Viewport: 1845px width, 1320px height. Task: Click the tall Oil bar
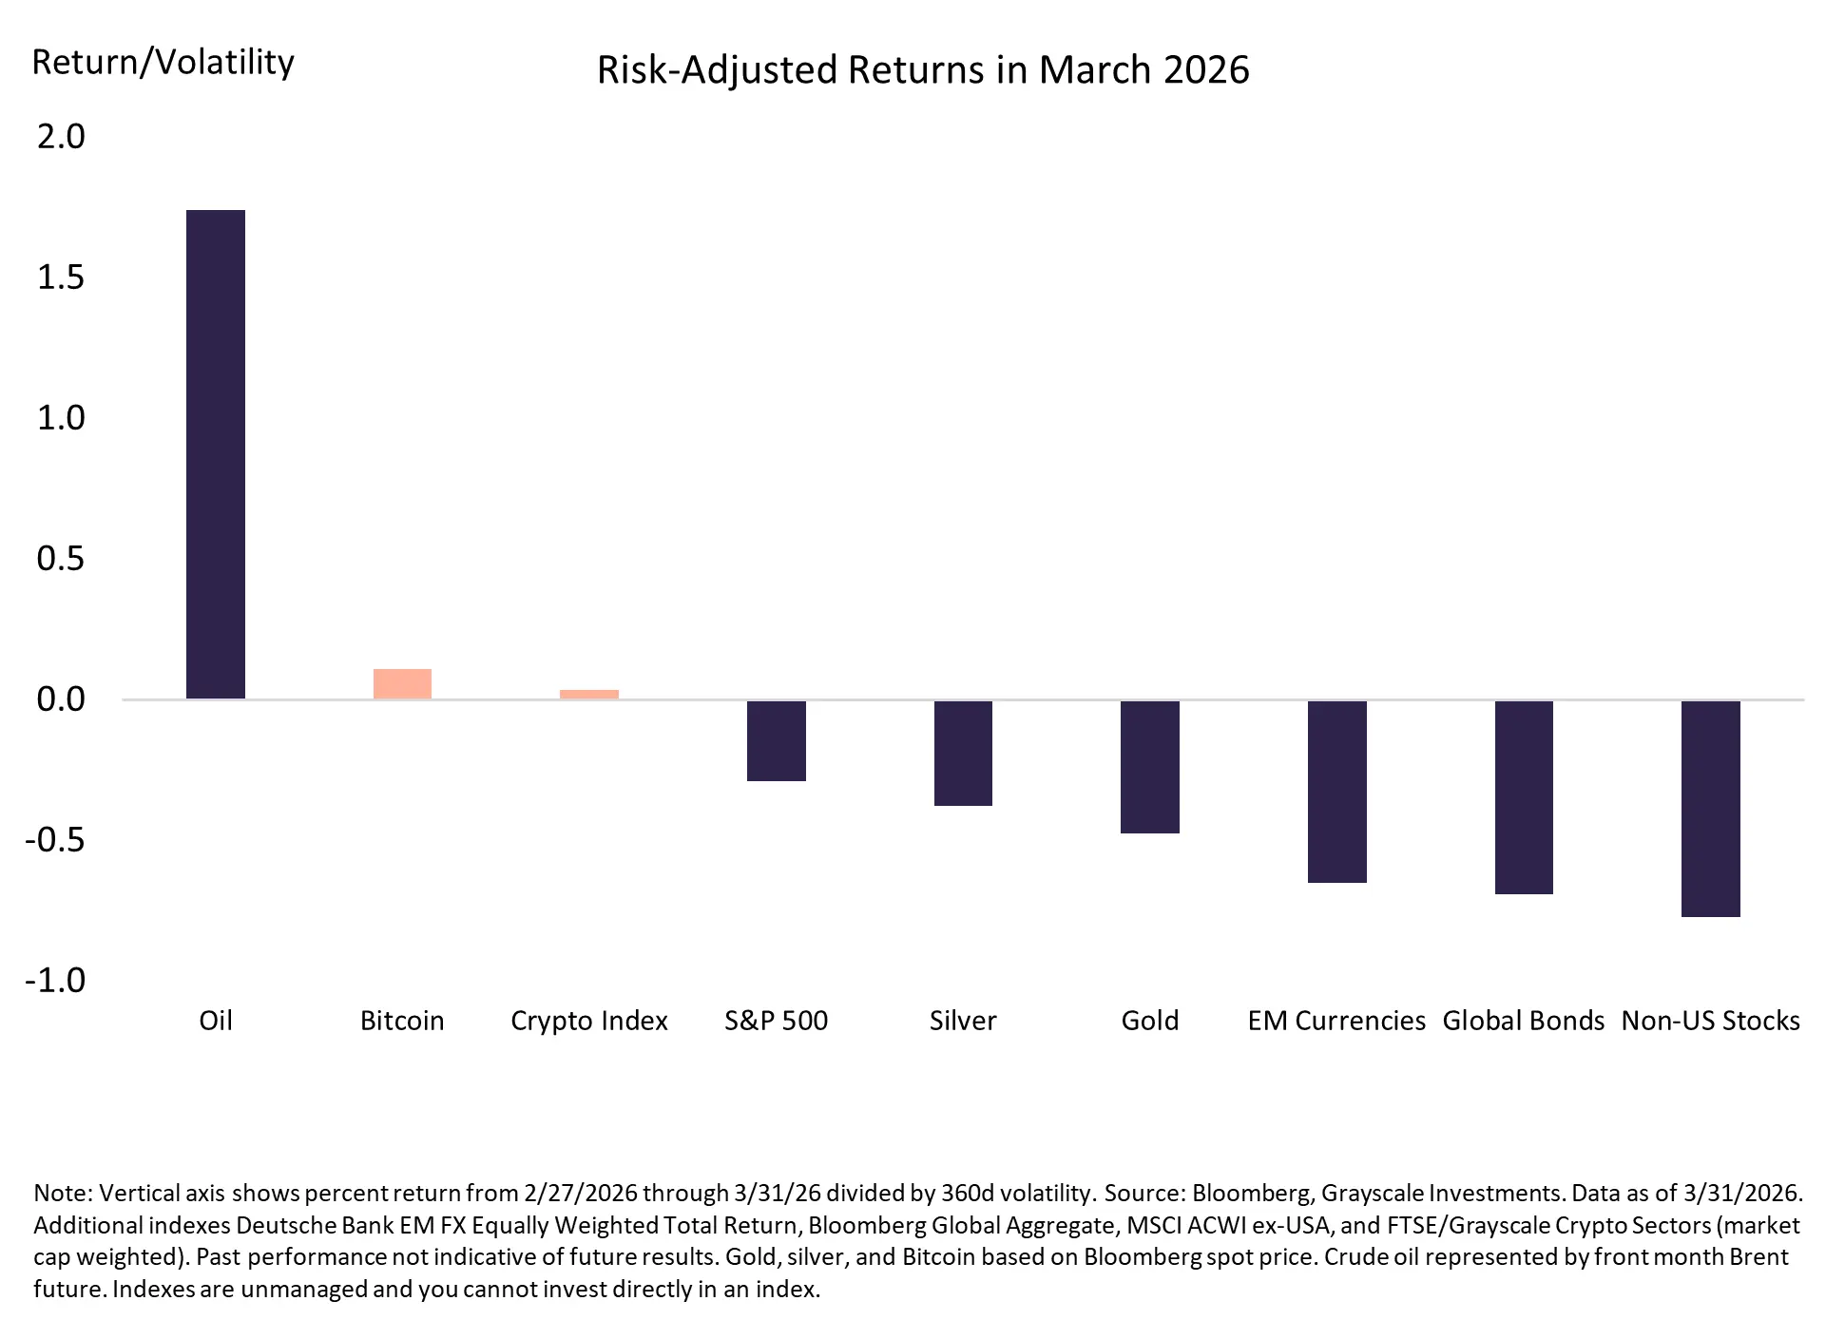coord(215,454)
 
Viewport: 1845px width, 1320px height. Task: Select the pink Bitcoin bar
coord(402,684)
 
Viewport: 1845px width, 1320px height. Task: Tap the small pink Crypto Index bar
coord(589,695)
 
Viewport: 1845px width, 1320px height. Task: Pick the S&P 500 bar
coord(776,740)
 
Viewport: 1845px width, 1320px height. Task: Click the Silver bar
coord(963,753)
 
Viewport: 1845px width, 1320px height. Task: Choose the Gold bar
coord(1149,767)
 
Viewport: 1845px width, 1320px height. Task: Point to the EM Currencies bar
coord(1336,792)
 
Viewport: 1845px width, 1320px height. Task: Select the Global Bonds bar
coord(1524,797)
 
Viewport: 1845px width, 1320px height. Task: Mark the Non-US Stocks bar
coord(1710,809)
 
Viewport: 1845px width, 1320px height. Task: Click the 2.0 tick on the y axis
coord(61,137)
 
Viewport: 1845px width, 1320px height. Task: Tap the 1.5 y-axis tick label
coord(61,277)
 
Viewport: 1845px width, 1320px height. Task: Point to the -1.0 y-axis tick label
coord(55,980)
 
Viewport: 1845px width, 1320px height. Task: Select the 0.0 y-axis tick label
coord(61,699)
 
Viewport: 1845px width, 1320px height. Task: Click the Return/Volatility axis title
coord(163,63)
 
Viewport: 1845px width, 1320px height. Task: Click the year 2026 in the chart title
coord(1206,70)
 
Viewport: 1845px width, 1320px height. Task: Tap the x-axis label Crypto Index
coord(589,1021)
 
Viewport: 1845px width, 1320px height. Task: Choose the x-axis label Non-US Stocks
coord(1710,1021)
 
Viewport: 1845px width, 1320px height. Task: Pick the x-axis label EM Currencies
coord(1336,1021)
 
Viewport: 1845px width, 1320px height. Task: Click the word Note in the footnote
coord(63,1194)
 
